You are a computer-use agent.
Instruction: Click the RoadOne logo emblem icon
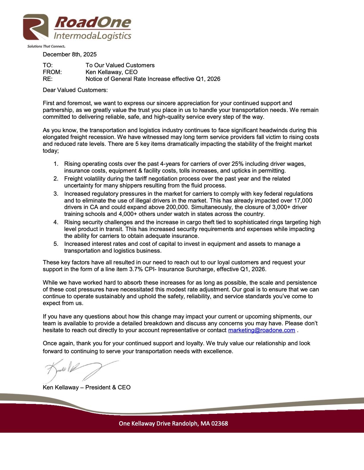[36, 27]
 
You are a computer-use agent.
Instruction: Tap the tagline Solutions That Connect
[46, 46]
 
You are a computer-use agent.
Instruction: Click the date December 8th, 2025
[70, 54]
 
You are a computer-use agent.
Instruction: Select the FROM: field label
[52, 72]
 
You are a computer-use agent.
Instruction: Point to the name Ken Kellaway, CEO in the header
[111, 72]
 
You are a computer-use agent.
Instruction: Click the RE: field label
[48, 79]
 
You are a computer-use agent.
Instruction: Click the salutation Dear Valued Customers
[75, 90]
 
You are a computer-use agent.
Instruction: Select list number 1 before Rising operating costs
[56, 164]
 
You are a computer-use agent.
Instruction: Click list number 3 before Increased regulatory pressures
[56, 194]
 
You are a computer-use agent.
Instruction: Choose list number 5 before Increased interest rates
[56, 244]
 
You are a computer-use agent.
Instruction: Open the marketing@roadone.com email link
[262, 330]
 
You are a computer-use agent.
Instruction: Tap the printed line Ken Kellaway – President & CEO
[87, 387]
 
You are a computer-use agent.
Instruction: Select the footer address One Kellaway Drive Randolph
[159, 424]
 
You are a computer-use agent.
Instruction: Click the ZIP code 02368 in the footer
[220, 424]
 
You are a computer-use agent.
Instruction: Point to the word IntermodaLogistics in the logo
[92, 36]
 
